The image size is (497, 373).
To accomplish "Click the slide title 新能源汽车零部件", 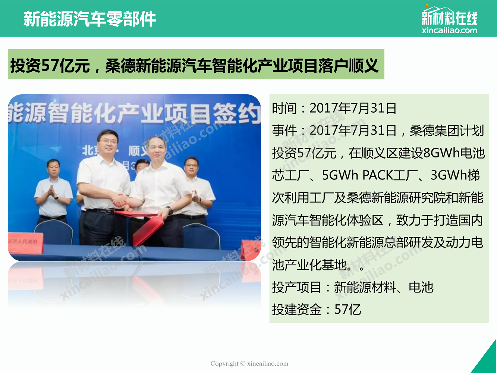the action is (89, 19).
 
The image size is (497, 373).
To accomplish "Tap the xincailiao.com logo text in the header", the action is (449, 30).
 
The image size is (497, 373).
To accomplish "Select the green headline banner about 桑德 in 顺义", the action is (196, 64).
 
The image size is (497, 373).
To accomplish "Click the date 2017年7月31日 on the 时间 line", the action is (353, 108).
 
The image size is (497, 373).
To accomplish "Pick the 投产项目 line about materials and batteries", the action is (353, 287).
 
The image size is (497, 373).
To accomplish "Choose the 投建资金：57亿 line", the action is (317, 309).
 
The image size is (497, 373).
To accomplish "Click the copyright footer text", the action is (249, 364).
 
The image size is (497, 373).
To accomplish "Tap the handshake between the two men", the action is (120, 200).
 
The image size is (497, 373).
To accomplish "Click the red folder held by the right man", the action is (148, 230).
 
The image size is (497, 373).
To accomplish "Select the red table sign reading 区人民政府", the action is (25, 243).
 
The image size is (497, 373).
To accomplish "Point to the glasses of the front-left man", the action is (108, 142).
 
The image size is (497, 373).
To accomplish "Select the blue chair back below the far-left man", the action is (54, 232).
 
